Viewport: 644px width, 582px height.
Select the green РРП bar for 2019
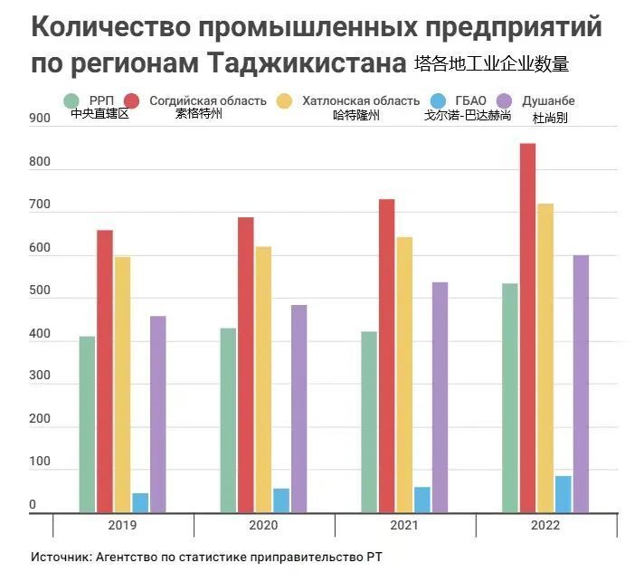point(87,424)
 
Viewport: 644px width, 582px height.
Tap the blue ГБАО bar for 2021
point(422,500)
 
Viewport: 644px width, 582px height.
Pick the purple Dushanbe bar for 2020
point(298,408)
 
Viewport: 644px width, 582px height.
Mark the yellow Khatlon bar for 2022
point(545,358)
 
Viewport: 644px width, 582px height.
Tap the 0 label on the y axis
point(33,504)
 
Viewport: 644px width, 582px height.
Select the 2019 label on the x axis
point(122,526)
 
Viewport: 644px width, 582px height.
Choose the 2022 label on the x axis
point(545,526)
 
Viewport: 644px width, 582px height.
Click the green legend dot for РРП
point(70,100)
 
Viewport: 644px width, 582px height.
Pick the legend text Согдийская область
point(208,100)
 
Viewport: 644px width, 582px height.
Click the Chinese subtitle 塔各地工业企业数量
point(491,65)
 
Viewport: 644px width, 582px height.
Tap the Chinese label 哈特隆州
point(355,116)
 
